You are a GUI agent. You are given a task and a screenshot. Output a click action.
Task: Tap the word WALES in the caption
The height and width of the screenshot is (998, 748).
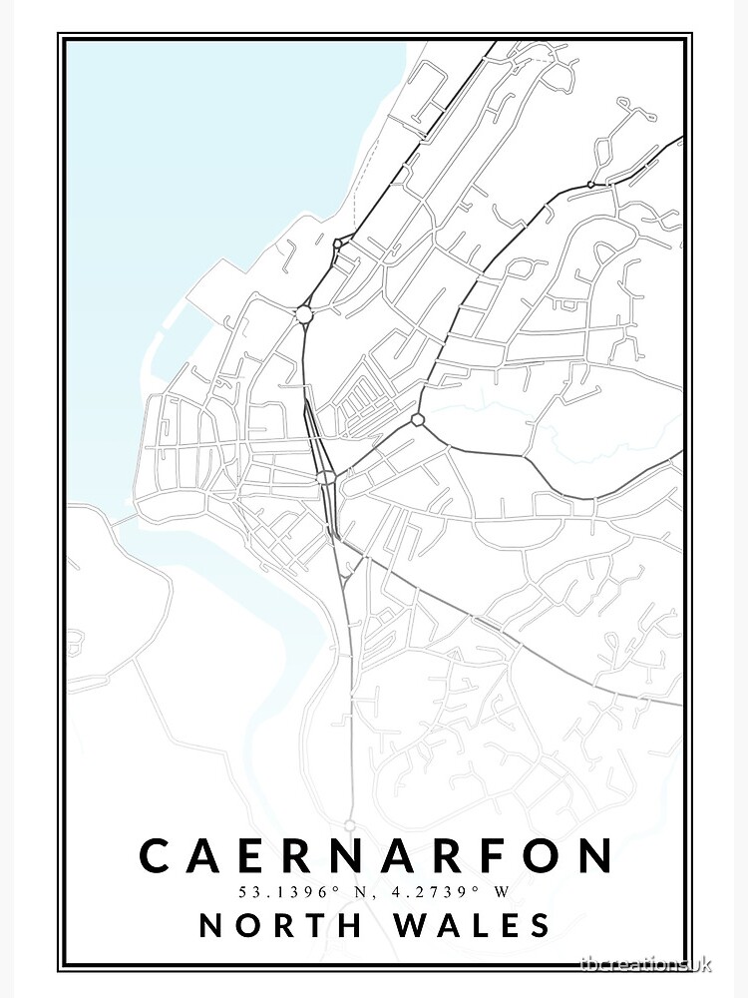click(x=476, y=925)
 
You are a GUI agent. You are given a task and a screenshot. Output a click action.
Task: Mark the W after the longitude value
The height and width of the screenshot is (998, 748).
click(x=503, y=891)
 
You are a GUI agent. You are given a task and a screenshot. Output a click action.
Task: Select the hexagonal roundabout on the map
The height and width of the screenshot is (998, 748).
click(x=418, y=419)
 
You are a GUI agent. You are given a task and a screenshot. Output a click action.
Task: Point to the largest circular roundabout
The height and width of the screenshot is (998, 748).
click(x=304, y=314)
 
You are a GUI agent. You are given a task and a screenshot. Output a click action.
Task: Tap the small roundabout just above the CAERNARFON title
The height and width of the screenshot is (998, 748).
click(x=349, y=824)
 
